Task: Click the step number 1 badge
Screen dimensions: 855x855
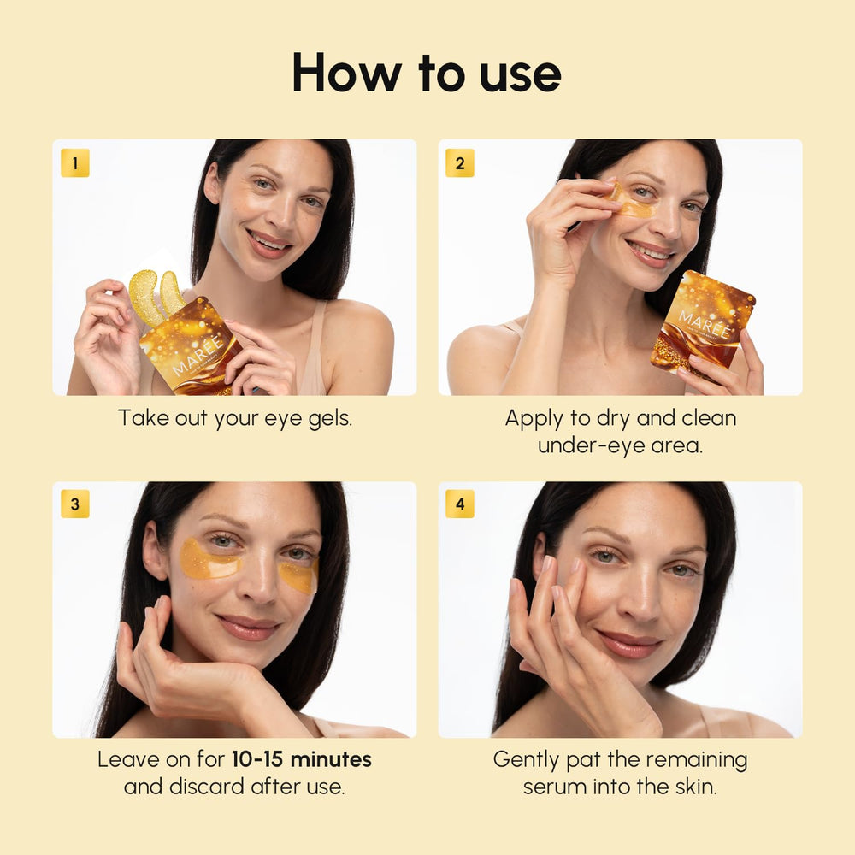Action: coord(75,163)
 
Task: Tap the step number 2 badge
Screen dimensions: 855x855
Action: coord(460,163)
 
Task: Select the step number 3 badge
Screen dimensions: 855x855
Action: coord(75,504)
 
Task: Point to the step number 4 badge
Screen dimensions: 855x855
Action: coord(460,504)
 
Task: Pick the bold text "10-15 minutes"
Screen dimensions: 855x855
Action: coord(301,759)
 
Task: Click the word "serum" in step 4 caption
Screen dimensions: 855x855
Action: coord(559,787)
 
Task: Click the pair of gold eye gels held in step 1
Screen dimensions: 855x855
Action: coord(156,295)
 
